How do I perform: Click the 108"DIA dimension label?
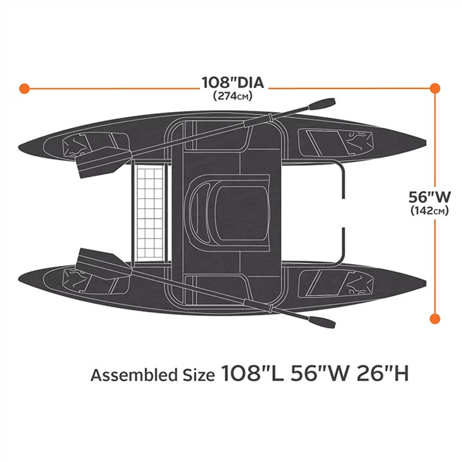pyautogui.click(x=233, y=82)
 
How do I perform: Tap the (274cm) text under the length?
pyautogui.click(x=233, y=96)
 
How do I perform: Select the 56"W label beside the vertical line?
pyautogui.click(x=430, y=197)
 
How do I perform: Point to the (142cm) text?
pyautogui.click(x=430, y=211)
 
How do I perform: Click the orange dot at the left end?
pyautogui.click(x=25, y=88)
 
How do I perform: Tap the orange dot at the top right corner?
pyautogui.click(x=435, y=88)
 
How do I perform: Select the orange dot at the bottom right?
pyautogui.click(x=435, y=319)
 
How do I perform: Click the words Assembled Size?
pyautogui.click(x=153, y=375)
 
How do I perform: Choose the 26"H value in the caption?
pyautogui.click(x=382, y=373)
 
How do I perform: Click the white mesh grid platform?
pyautogui.click(x=150, y=211)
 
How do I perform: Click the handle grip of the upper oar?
pyautogui.click(x=322, y=104)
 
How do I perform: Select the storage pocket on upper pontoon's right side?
pyautogui.click(x=335, y=142)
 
